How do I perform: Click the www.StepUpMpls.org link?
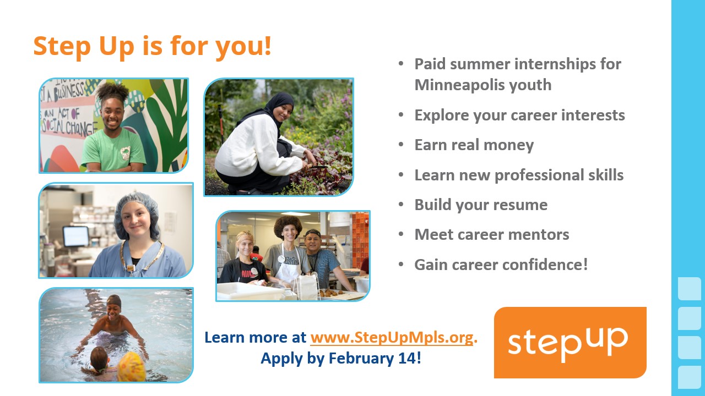392,338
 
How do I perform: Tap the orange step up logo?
570,343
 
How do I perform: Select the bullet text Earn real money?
474,145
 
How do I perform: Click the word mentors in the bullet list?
539,234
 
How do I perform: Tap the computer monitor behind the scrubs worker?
76,236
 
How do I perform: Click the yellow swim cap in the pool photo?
132,366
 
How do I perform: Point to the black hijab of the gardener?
274,108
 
